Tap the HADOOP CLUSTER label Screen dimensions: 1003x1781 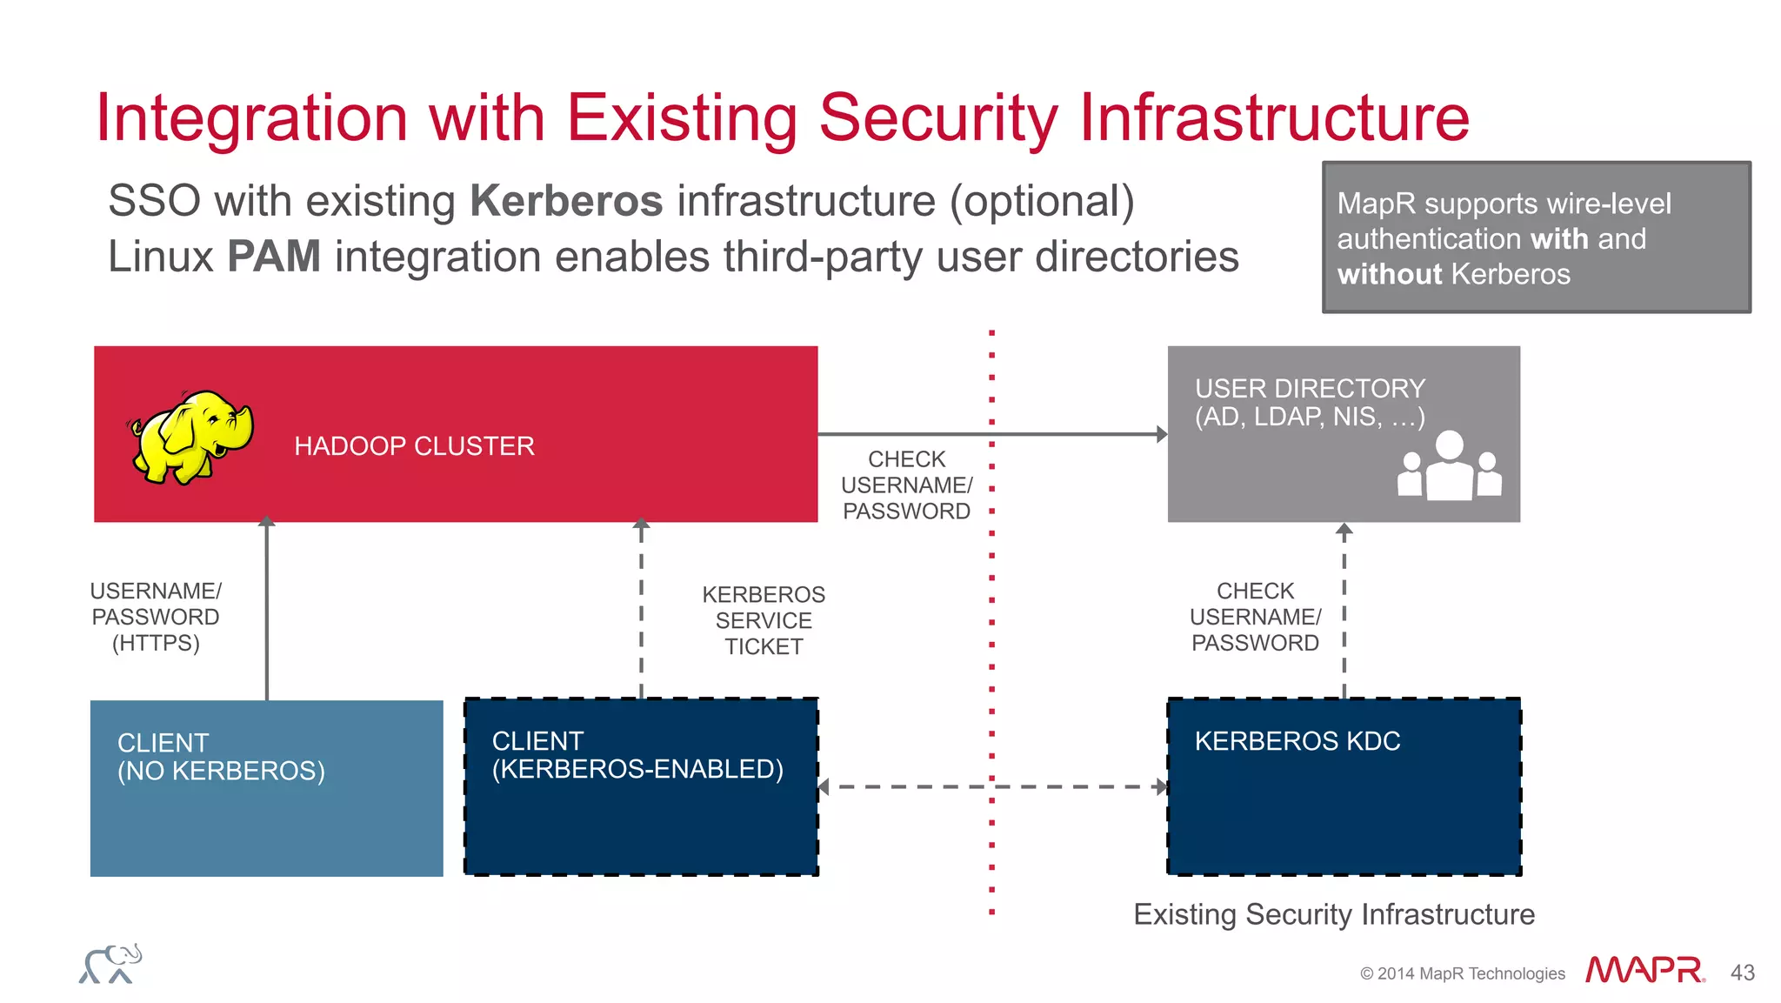coord(414,446)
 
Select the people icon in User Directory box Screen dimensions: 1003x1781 coord(1449,468)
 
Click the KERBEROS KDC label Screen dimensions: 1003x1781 coord(1297,741)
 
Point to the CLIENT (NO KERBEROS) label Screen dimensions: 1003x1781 coord(221,757)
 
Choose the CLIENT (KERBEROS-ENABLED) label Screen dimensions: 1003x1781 coord(637,755)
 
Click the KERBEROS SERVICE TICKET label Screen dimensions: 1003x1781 coord(764,620)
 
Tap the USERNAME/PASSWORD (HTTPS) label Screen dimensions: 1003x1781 coord(156,617)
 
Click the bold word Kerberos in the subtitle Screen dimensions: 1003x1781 coord(566,201)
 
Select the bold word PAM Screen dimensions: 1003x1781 coord(274,257)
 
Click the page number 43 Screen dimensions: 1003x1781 coord(1742,973)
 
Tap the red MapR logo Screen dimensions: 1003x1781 coord(1644,969)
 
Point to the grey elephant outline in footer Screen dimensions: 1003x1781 coord(110,964)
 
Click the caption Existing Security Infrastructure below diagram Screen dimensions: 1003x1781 coord(1334,914)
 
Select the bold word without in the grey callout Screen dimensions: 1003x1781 coord(1390,275)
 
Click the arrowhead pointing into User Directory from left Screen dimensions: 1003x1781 coord(1161,434)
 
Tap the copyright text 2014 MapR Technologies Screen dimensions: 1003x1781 coord(1463,973)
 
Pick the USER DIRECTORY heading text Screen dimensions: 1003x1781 coord(1310,388)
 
